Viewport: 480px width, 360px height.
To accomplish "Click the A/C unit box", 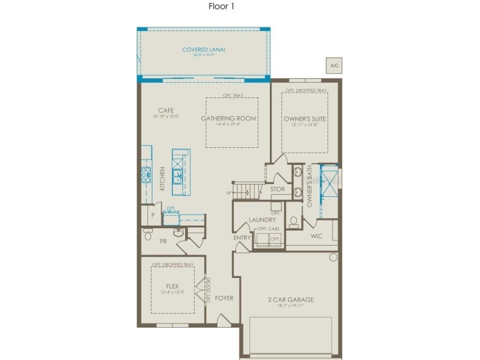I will [x=334, y=66].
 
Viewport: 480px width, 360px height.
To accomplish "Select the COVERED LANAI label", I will [x=200, y=49].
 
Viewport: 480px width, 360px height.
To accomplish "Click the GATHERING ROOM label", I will [x=229, y=119].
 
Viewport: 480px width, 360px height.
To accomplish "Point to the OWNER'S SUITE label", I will [x=305, y=119].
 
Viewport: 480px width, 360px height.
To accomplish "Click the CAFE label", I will [x=165, y=111].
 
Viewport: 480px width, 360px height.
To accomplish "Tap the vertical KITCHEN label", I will [x=163, y=179].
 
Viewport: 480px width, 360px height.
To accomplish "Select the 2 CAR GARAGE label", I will [x=291, y=300].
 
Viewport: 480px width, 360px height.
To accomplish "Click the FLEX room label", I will [x=172, y=286].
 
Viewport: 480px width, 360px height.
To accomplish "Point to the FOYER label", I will [x=224, y=298].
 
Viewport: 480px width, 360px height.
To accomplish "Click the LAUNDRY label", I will [x=262, y=219].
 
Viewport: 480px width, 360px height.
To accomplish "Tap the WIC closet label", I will [x=317, y=236].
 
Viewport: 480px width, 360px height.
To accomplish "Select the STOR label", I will [x=277, y=189].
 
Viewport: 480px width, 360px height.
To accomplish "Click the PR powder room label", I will [x=163, y=242].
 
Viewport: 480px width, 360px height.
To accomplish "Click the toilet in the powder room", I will [x=148, y=235].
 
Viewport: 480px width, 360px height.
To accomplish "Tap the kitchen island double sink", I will [x=178, y=176].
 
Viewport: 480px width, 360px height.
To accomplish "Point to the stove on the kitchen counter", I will [x=146, y=174].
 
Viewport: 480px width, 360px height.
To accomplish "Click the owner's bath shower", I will [x=328, y=178].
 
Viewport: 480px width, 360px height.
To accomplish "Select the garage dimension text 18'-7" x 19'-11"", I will [x=291, y=306].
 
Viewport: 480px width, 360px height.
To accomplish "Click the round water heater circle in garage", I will [x=333, y=257].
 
